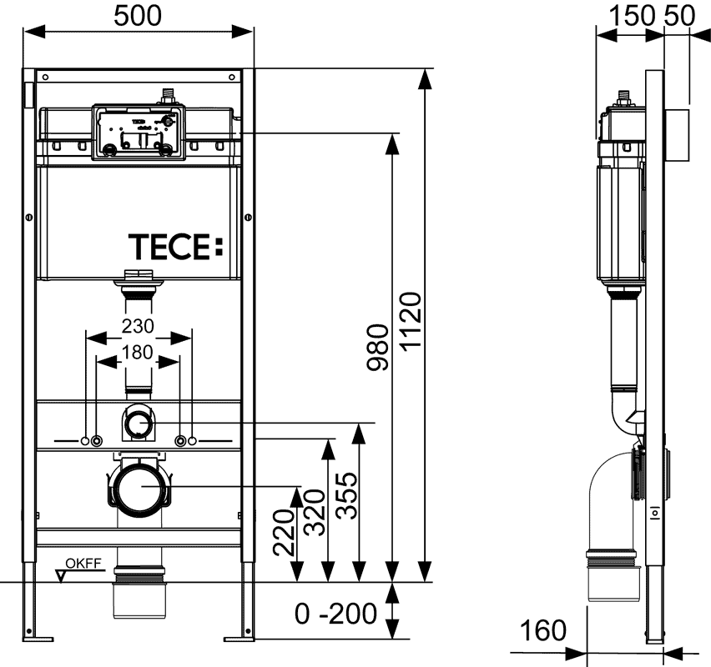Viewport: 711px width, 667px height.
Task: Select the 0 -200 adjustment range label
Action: click(x=335, y=614)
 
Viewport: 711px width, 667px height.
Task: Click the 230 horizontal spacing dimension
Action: click(x=139, y=324)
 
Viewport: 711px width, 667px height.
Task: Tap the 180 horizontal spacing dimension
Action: click(x=138, y=352)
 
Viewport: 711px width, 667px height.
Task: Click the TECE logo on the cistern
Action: click(x=176, y=247)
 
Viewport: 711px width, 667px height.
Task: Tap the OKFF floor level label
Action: click(x=85, y=564)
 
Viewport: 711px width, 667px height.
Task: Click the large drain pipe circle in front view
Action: click(x=139, y=487)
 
